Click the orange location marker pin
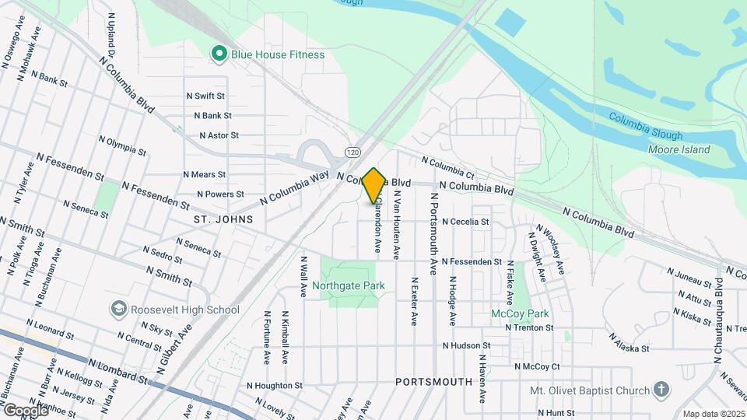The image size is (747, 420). pos(374,186)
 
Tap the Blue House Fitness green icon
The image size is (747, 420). pos(219,54)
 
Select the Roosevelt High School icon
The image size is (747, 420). pos(118,310)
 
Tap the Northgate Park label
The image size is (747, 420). pos(349,285)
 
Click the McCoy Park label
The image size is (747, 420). pos(520,313)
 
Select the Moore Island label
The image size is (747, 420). pos(679,149)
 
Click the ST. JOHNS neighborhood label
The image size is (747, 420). pos(224,220)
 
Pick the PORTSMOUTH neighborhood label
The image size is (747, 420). pos(433,382)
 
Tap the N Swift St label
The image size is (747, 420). pos(205,96)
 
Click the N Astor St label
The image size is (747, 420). pos(219,135)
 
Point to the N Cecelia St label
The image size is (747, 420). pos(465,222)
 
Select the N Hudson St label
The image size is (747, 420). pos(466,345)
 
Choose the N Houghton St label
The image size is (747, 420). pos(274,386)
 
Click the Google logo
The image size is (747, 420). pos(26,410)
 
